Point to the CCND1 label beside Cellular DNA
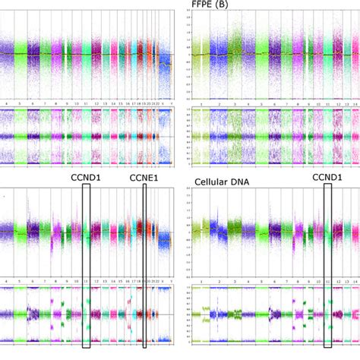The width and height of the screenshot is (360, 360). (x=330, y=178)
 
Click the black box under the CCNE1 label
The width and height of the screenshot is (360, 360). (x=144, y=266)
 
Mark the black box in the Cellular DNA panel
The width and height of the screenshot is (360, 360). (x=328, y=266)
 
